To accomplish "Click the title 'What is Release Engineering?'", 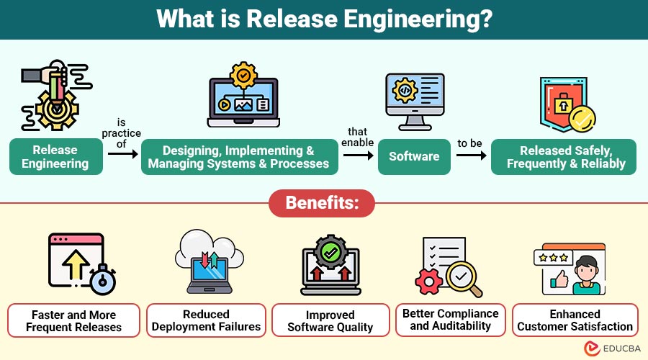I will [x=324, y=19].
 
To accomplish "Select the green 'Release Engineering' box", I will [x=55, y=157].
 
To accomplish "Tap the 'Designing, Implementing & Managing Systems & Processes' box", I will [x=238, y=157].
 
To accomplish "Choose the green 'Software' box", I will [x=414, y=157].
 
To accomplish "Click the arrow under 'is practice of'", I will [x=122, y=153].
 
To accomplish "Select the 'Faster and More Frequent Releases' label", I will [x=74, y=320].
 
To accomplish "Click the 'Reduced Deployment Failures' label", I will [x=206, y=320].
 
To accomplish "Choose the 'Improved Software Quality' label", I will [x=330, y=320].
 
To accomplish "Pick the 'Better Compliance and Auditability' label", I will [x=451, y=320].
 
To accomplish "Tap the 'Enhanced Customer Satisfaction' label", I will [x=575, y=320].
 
